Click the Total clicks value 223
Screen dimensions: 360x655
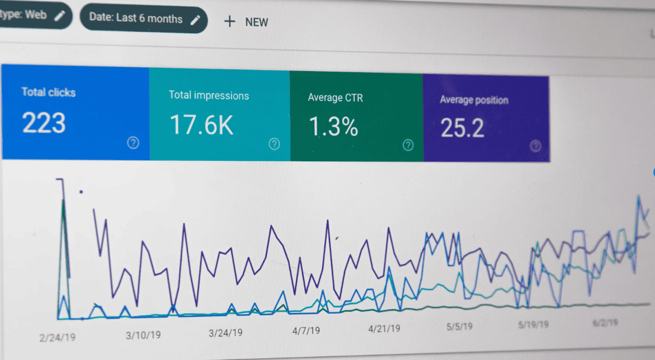click(44, 123)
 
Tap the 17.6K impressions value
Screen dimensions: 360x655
click(201, 125)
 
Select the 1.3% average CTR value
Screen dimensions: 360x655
click(333, 126)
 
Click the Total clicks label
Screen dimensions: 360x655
click(48, 92)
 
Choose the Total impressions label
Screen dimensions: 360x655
click(209, 95)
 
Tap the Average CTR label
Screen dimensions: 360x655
click(335, 98)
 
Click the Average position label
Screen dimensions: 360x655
click(474, 100)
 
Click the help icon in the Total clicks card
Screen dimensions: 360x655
click(133, 143)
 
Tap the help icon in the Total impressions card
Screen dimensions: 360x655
click(274, 144)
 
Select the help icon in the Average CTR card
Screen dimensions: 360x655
click(408, 145)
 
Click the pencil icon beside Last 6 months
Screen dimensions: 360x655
click(196, 20)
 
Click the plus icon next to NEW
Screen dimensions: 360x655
click(230, 22)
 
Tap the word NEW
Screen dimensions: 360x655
click(257, 22)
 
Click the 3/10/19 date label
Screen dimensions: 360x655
click(143, 335)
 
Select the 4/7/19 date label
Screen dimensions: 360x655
click(306, 331)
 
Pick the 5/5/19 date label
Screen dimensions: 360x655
click(459, 327)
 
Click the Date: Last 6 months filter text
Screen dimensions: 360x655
click(136, 18)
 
